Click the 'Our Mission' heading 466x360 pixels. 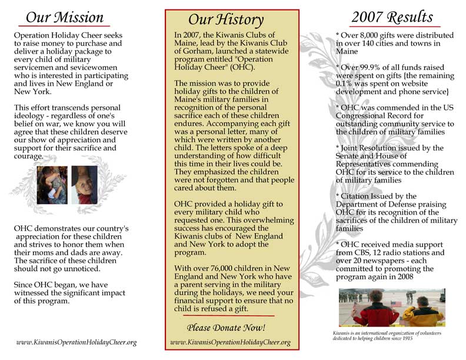click(65, 18)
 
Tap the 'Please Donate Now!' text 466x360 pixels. click(226, 327)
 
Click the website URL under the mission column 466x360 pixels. click(76, 342)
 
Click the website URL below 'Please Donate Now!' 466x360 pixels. click(230, 342)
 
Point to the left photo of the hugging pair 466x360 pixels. click(52, 184)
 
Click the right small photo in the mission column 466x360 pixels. click(84, 184)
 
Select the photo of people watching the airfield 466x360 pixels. click(391, 306)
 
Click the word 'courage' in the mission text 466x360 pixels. click(29, 156)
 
